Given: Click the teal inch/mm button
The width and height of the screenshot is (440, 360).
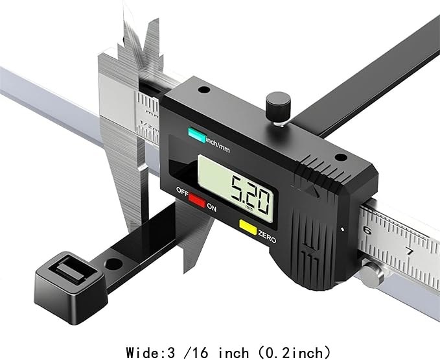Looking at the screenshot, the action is [x=197, y=135].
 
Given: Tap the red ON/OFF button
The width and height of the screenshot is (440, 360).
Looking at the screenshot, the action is [x=197, y=199].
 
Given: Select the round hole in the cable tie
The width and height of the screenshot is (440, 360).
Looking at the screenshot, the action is [x=113, y=264].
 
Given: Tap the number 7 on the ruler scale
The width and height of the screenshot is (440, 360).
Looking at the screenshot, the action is [x=410, y=251].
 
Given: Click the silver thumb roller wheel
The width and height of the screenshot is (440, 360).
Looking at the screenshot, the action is [x=371, y=275].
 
